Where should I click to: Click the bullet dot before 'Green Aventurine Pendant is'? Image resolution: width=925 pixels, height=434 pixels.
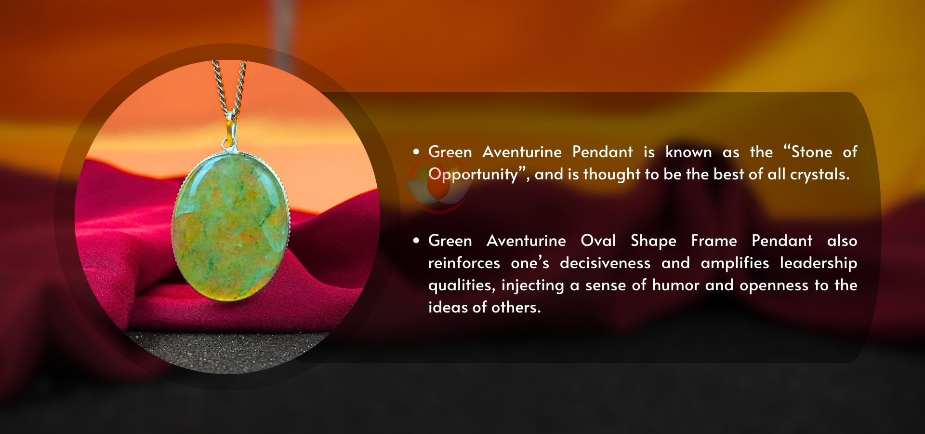[416, 152]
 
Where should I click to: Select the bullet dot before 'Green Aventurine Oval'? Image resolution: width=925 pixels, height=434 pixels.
[416, 241]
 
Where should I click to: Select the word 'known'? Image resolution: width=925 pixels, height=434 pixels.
[688, 152]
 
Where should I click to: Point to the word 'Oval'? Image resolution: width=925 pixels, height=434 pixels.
[598, 241]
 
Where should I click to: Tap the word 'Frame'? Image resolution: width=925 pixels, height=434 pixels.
[714, 241]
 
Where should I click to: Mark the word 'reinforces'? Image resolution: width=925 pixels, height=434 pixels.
[464, 263]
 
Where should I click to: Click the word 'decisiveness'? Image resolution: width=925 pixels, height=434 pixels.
[605, 263]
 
